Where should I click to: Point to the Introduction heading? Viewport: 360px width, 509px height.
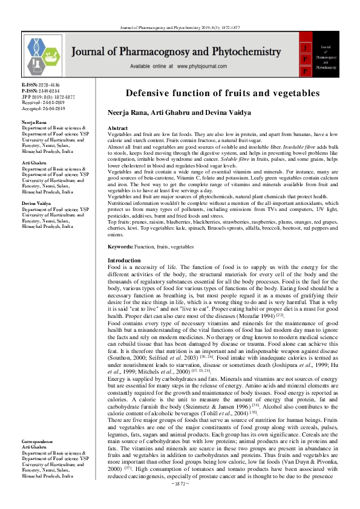click(123, 260)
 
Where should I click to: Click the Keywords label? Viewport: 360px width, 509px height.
click(120, 247)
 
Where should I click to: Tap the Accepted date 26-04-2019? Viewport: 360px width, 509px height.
click(53, 108)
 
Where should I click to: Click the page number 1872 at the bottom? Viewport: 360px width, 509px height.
click(180, 499)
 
